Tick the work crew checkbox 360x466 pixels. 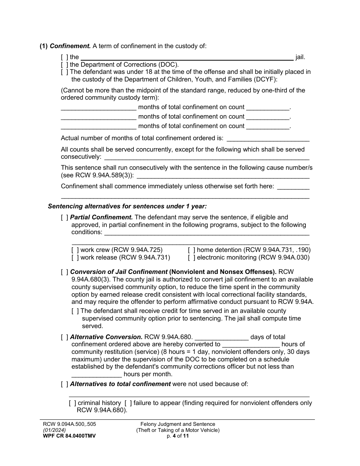(75, 250)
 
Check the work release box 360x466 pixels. (75, 258)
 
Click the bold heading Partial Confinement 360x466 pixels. (102, 217)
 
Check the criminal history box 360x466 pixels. (72, 403)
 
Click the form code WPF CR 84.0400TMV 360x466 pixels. (69, 436)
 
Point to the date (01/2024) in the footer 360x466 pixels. (55, 430)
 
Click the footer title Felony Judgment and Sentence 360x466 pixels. (178, 424)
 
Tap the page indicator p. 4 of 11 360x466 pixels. (178, 436)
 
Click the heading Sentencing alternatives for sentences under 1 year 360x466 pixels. (127, 206)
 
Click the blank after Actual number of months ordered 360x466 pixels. (268, 139)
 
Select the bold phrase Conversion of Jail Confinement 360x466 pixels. (119, 272)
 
